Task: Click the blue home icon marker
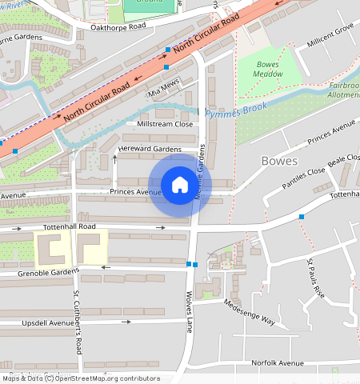(x=180, y=185)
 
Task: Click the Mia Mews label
(x=163, y=89)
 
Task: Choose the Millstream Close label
(x=165, y=124)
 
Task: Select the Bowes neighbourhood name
(x=279, y=161)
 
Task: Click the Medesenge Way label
(x=249, y=313)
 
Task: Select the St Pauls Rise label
(x=316, y=278)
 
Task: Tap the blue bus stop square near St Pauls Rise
(x=302, y=217)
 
